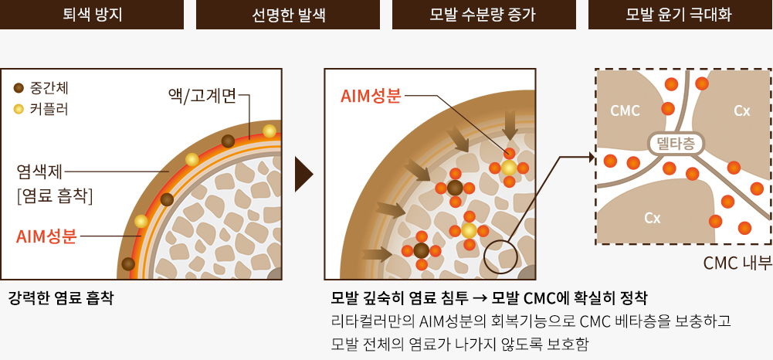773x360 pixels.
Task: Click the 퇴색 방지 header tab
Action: [x=92, y=15]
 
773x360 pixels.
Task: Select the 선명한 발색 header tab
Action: [x=288, y=15]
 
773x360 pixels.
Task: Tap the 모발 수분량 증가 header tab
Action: [x=484, y=15]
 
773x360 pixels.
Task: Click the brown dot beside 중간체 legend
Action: [x=19, y=89]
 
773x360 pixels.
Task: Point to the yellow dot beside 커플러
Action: [x=19, y=109]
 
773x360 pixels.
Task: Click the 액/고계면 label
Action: [x=202, y=97]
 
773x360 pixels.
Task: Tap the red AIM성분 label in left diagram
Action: [x=46, y=236]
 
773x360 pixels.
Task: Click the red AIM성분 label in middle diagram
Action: [x=371, y=96]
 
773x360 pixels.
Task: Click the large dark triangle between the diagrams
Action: [x=303, y=174]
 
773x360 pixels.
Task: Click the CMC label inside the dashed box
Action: [x=625, y=111]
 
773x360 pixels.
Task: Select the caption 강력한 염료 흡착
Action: [x=61, y=298]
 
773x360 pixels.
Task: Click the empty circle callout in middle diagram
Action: [x=500, y=256]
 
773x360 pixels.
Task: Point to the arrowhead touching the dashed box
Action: [x=592, y=158]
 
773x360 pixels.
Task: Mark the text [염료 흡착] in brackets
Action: [x=55, y=197]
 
